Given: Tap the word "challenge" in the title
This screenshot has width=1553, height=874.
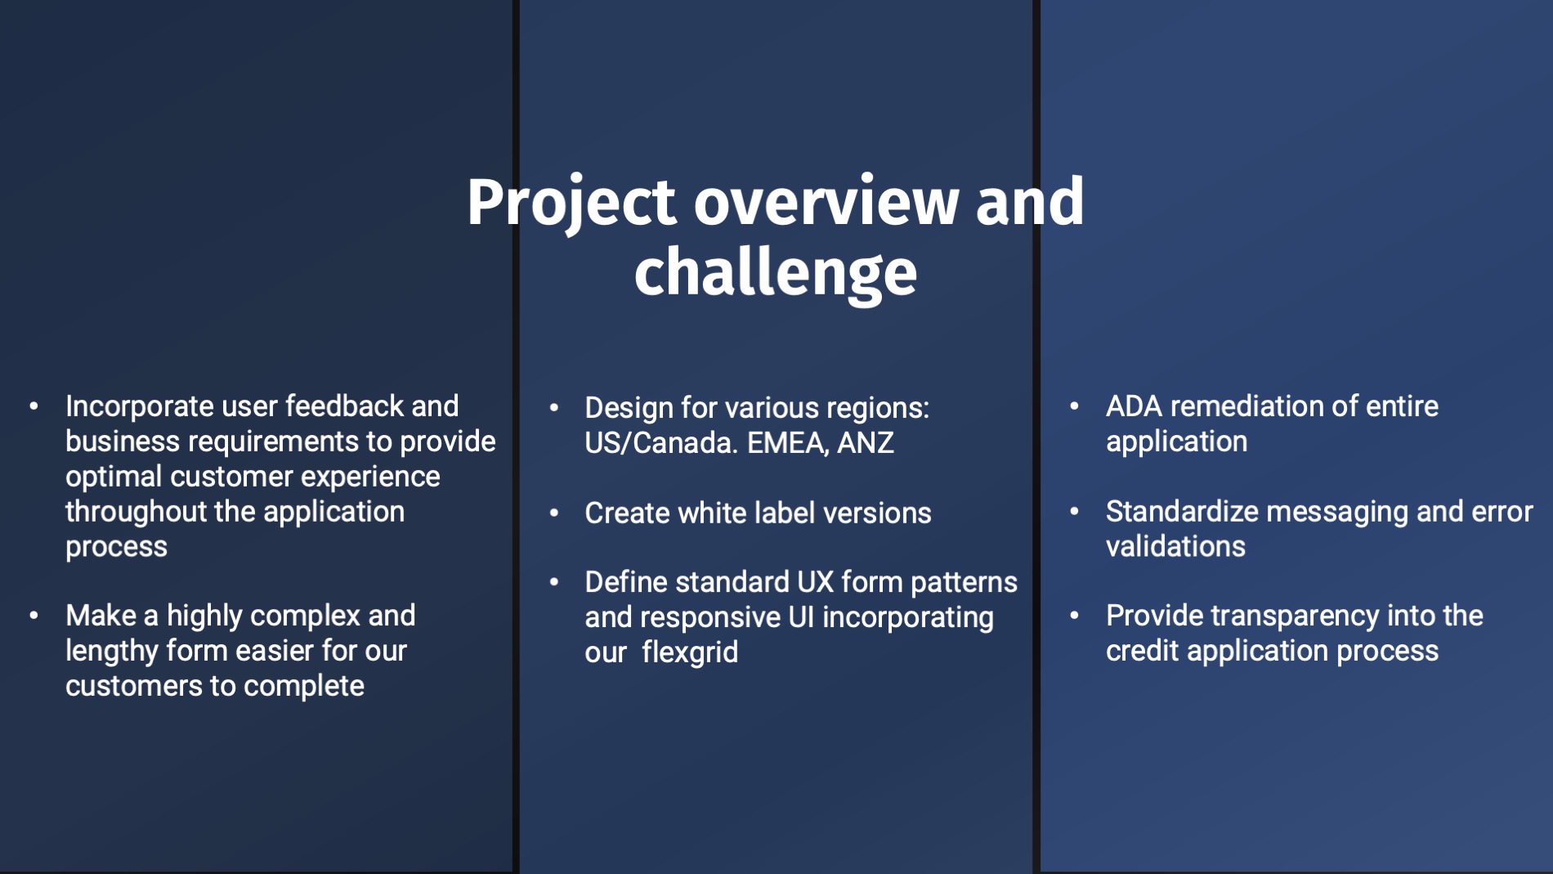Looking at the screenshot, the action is pos(776,273).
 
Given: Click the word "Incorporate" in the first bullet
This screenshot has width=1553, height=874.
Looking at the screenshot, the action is pos(140,406).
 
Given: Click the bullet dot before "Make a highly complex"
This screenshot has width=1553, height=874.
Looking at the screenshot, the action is pos(34,616).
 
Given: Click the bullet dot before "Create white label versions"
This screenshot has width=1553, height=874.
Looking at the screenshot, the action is pos(554,513).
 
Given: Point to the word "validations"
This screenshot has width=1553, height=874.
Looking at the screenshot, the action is pos(1175,547).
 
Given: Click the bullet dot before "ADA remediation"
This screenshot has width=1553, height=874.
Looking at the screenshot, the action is pos(1075,406).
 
